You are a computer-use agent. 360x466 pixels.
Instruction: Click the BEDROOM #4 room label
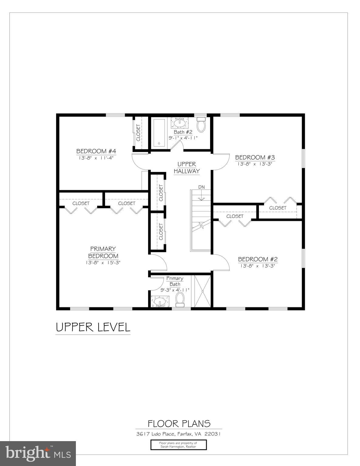(96, 151)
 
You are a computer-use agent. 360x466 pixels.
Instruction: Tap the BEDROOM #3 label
(255, 157)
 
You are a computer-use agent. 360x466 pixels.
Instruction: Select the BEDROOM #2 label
(257, 259)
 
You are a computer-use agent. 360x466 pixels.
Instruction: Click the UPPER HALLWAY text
(187, 168)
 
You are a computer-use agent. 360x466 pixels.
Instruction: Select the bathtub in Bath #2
(159, 133)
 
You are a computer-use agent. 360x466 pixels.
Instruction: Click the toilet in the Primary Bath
(180, 300)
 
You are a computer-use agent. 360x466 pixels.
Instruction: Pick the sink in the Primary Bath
(160, 302)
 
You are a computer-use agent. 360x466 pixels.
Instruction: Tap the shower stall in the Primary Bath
(202, 291)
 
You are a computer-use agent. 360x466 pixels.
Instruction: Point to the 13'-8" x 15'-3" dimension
(103, 263)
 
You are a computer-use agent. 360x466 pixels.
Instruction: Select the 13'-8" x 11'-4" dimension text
(96, 158)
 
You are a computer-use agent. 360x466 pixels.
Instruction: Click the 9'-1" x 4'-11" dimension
(183, 138)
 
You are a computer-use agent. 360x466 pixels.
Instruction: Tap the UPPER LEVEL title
(93, 327)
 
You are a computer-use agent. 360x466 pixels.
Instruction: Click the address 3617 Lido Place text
(178, 434)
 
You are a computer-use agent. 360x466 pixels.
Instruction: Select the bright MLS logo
(38, 453)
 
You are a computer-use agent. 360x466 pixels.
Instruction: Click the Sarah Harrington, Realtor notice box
(178, 445)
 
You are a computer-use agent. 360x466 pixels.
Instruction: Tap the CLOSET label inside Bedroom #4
(138, 133)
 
